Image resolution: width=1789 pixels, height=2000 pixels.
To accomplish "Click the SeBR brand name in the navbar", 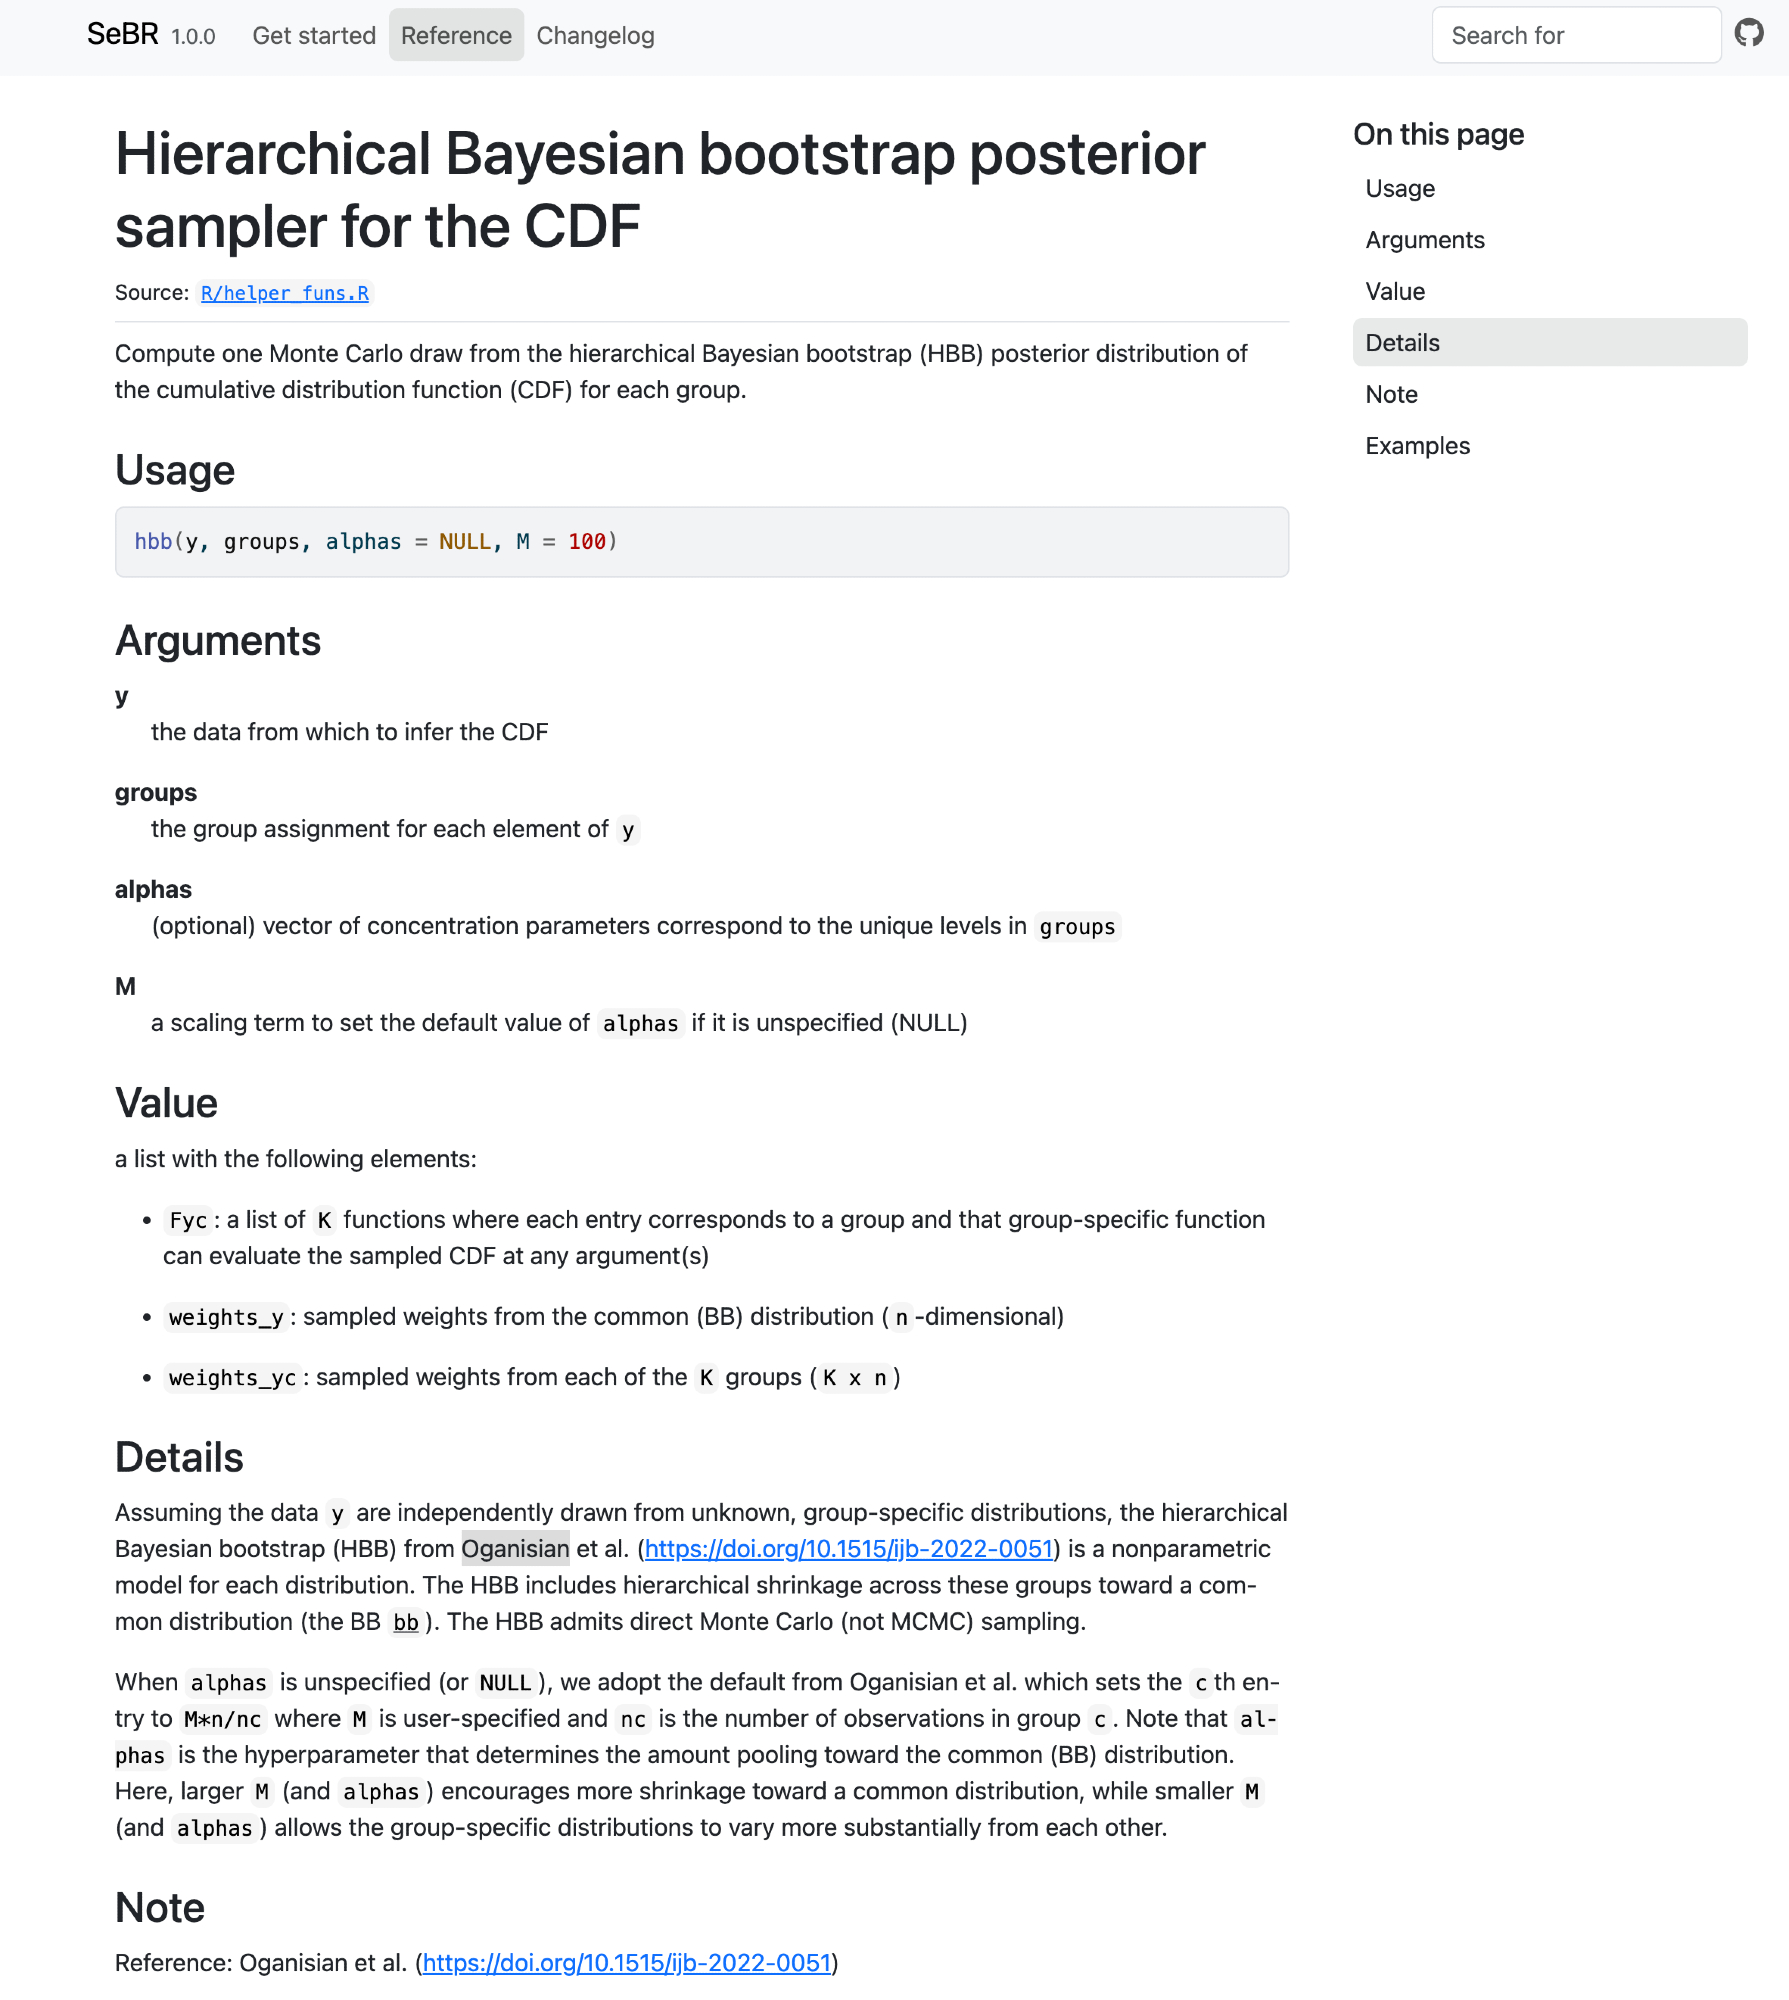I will pyautogui.click(x=122, y=35).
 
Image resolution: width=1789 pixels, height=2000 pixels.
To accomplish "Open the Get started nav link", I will pyautogui.click(x=314, y=36).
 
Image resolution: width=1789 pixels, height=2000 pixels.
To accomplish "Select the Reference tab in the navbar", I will pyautogui.click(x=456, y=36).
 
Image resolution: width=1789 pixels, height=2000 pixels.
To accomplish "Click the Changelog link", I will pyautogui.click(x=595, y=36).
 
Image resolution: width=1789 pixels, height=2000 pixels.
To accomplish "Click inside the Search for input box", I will pyautogui.click(x=1575, y=36).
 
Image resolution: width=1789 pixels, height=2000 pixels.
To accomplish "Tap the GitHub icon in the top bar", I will pyautogui.click(x=1749, y=34).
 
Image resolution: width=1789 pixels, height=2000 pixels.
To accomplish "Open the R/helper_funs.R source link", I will pyautogui.click(x=285, y=293).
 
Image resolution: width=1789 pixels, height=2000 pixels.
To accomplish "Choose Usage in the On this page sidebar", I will pyautogui.click(x=1400, y=189).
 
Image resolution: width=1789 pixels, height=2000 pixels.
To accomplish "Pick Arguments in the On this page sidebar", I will pyautogui.click(x=1425, y=240).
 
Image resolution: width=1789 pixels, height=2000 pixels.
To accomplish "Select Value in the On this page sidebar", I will pyautogui.click(x=1395, y=292).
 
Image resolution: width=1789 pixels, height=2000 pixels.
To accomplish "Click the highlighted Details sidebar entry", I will pyautogui.click(x=1403, y=343).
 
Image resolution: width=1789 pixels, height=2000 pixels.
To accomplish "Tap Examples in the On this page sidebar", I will pyautogui.click(x=1417, y=446).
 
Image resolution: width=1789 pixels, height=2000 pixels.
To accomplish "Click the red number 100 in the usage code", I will pyautogui.click(x=587, y=542).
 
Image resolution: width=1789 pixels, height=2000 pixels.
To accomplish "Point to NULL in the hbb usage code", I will pyautogui.click(x=465, y=542).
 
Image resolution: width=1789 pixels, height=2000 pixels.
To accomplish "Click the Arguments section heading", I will pyautogui.click(x=218, y=641).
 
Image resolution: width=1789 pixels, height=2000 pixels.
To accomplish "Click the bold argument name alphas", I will pyautogui.click(x=153, y=890).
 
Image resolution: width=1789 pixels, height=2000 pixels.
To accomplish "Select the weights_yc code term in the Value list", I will pyautogui.click(x=232, y=1378).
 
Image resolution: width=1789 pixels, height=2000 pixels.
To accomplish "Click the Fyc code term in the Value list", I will pyautogui.click(x=188, y=1221).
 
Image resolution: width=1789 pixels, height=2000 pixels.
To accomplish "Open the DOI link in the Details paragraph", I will pyautogui.click(x=849, y=1549).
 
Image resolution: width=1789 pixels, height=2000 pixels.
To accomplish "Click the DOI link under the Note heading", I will pyautogui.click(x=627, y=1963).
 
